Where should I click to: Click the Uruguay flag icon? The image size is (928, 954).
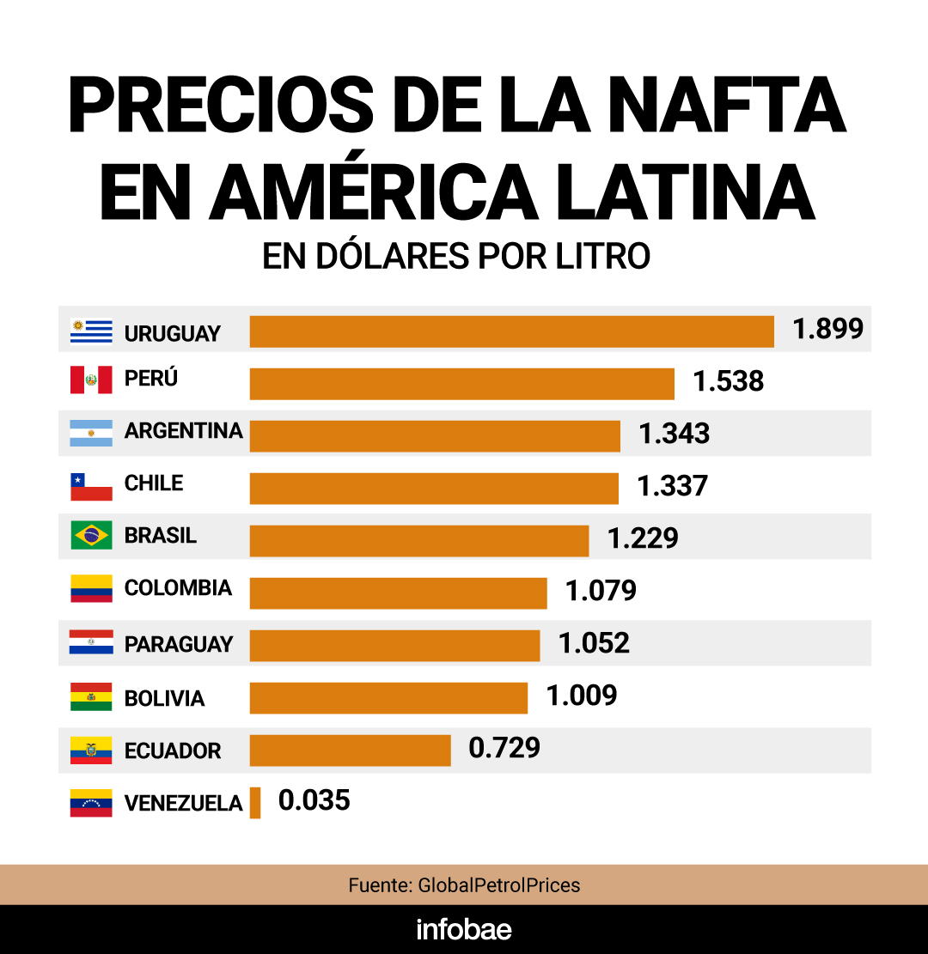(91, 331)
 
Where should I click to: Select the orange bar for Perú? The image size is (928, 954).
(461, 383)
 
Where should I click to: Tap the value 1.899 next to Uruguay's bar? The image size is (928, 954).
(827, 329)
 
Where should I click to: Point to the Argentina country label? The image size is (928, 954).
(183, 430)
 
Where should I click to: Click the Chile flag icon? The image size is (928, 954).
(91, 487)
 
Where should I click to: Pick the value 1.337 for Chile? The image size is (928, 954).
(672, 486)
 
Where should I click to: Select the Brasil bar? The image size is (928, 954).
(418, 540)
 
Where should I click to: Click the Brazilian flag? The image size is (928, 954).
(91, 536)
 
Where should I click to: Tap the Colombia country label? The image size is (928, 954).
(178, 588)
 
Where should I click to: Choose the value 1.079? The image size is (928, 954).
(601, 591)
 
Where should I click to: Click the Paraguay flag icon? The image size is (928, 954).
(91, 641)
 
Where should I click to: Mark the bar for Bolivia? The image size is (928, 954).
(388, 697)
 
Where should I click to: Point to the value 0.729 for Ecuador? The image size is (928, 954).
(504, 748)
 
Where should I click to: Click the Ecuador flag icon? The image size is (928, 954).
(91, 750)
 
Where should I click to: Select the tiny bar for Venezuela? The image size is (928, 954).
(255, 803)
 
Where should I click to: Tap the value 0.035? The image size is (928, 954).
(314, 800)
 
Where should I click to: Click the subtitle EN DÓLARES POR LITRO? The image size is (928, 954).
(456, 257)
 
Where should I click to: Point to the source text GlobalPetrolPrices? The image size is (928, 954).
(498, 884)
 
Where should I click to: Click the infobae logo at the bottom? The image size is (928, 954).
(463, 929)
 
